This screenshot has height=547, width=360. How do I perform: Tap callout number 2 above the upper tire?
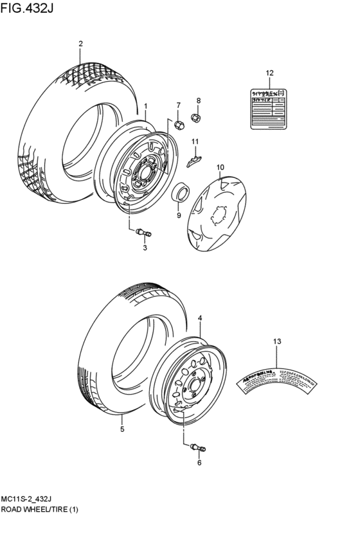point(80,44)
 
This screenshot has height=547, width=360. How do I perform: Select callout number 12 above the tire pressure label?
point(269,72)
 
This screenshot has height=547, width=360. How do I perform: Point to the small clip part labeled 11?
point(194,159)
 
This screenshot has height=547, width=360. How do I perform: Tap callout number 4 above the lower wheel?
point(200,318)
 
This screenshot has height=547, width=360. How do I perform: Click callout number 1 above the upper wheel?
point(146,106)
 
